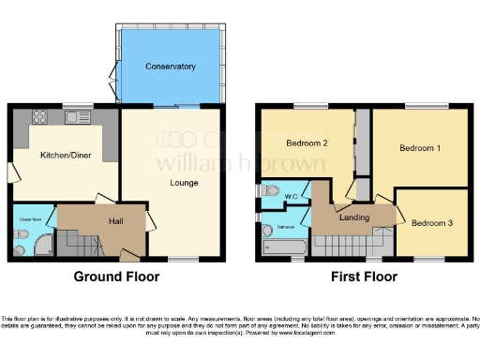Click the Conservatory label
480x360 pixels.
[170, 67]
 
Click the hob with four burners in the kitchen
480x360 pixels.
[41, 118]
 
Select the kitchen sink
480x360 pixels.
[75, 118]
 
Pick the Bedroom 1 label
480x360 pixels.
[419, 148]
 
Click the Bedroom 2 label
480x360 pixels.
[307, 143]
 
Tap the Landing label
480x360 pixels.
[354, 218]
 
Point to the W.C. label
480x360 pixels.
[291, 195]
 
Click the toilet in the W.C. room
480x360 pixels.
[272, 190]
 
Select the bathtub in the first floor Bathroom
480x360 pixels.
[281, 247]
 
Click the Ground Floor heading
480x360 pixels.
[116, 277]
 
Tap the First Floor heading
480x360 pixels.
[365, 277]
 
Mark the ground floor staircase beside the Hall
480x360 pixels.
[80, 245]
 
